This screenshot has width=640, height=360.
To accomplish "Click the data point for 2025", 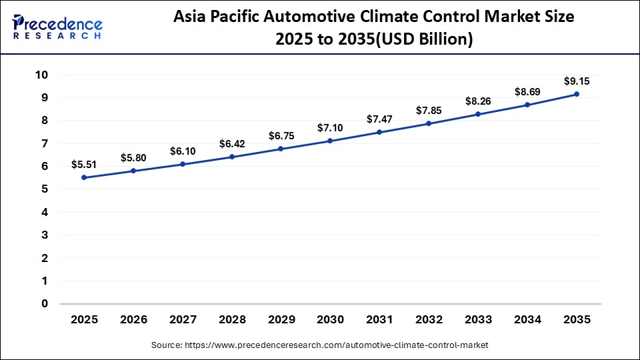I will (x=84, y=177).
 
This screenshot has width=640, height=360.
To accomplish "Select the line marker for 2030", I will (x=330, y=141).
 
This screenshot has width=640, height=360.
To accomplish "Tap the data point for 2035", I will (x=577, y=94).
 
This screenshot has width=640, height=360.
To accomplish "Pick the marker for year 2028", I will (x=232, y=157).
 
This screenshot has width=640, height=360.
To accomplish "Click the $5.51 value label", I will (x=84, y=165).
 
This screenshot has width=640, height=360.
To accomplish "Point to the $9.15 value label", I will (x=577, y=81).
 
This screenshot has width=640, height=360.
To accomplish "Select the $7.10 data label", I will (x=330, y=127).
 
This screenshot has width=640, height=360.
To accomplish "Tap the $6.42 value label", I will (x=232, y=143).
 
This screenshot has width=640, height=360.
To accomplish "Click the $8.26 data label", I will (x=478, y=101).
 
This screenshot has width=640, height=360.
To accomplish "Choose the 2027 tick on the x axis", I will (x=183, y=320).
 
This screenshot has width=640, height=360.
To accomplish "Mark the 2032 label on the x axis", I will (x=429, y=320).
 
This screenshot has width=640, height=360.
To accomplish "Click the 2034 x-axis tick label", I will (x=527, y=320).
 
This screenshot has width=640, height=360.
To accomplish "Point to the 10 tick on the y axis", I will (x=42, y=75).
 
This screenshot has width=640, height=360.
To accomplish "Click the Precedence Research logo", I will (x=57, y=27).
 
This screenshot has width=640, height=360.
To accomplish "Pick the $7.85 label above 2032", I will (x=429, y=110).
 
